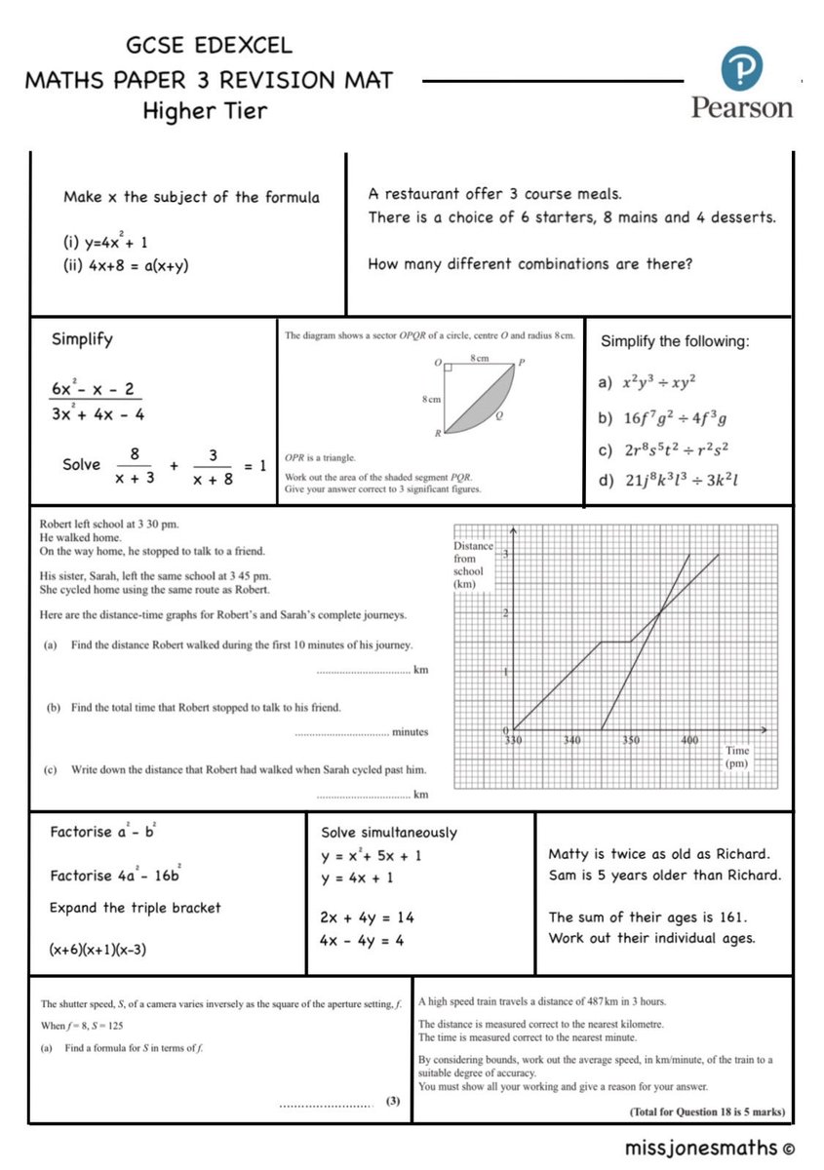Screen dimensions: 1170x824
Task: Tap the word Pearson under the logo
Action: click(x=742, y=107)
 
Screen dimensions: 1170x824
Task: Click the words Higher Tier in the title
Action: click(x=205, y=110)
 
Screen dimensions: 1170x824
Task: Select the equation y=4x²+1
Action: click(x=105, y=242)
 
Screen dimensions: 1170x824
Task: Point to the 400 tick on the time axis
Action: click(x=688, y=741)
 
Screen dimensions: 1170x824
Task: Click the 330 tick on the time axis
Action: click(x=514, y=741)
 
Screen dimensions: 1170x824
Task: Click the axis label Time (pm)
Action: click(x=736, y=758)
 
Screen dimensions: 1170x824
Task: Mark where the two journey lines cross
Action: click(x=660, y=612)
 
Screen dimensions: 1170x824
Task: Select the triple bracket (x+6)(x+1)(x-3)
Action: click(x=104, y=949)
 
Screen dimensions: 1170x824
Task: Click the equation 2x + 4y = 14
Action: click(x=367, y=917)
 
